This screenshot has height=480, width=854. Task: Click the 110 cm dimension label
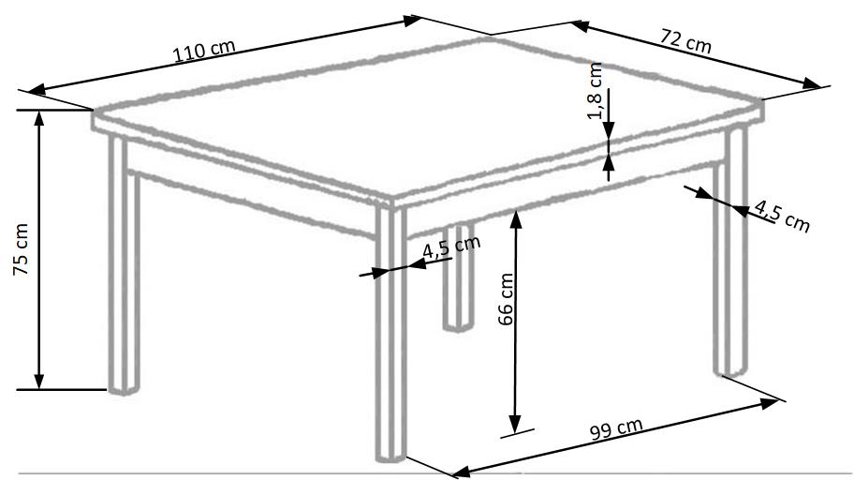204,51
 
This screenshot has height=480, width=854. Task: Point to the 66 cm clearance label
506,299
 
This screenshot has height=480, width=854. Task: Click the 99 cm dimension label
616,428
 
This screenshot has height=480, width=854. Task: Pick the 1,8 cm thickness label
595,91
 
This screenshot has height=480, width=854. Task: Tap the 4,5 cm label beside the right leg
782,216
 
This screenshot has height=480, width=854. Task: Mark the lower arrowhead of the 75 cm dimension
38,381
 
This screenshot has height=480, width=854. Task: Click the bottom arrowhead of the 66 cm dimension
515,424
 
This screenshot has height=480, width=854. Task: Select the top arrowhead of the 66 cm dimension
516,219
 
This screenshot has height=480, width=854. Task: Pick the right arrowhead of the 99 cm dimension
769,404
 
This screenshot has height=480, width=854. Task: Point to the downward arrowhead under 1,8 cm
609,130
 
